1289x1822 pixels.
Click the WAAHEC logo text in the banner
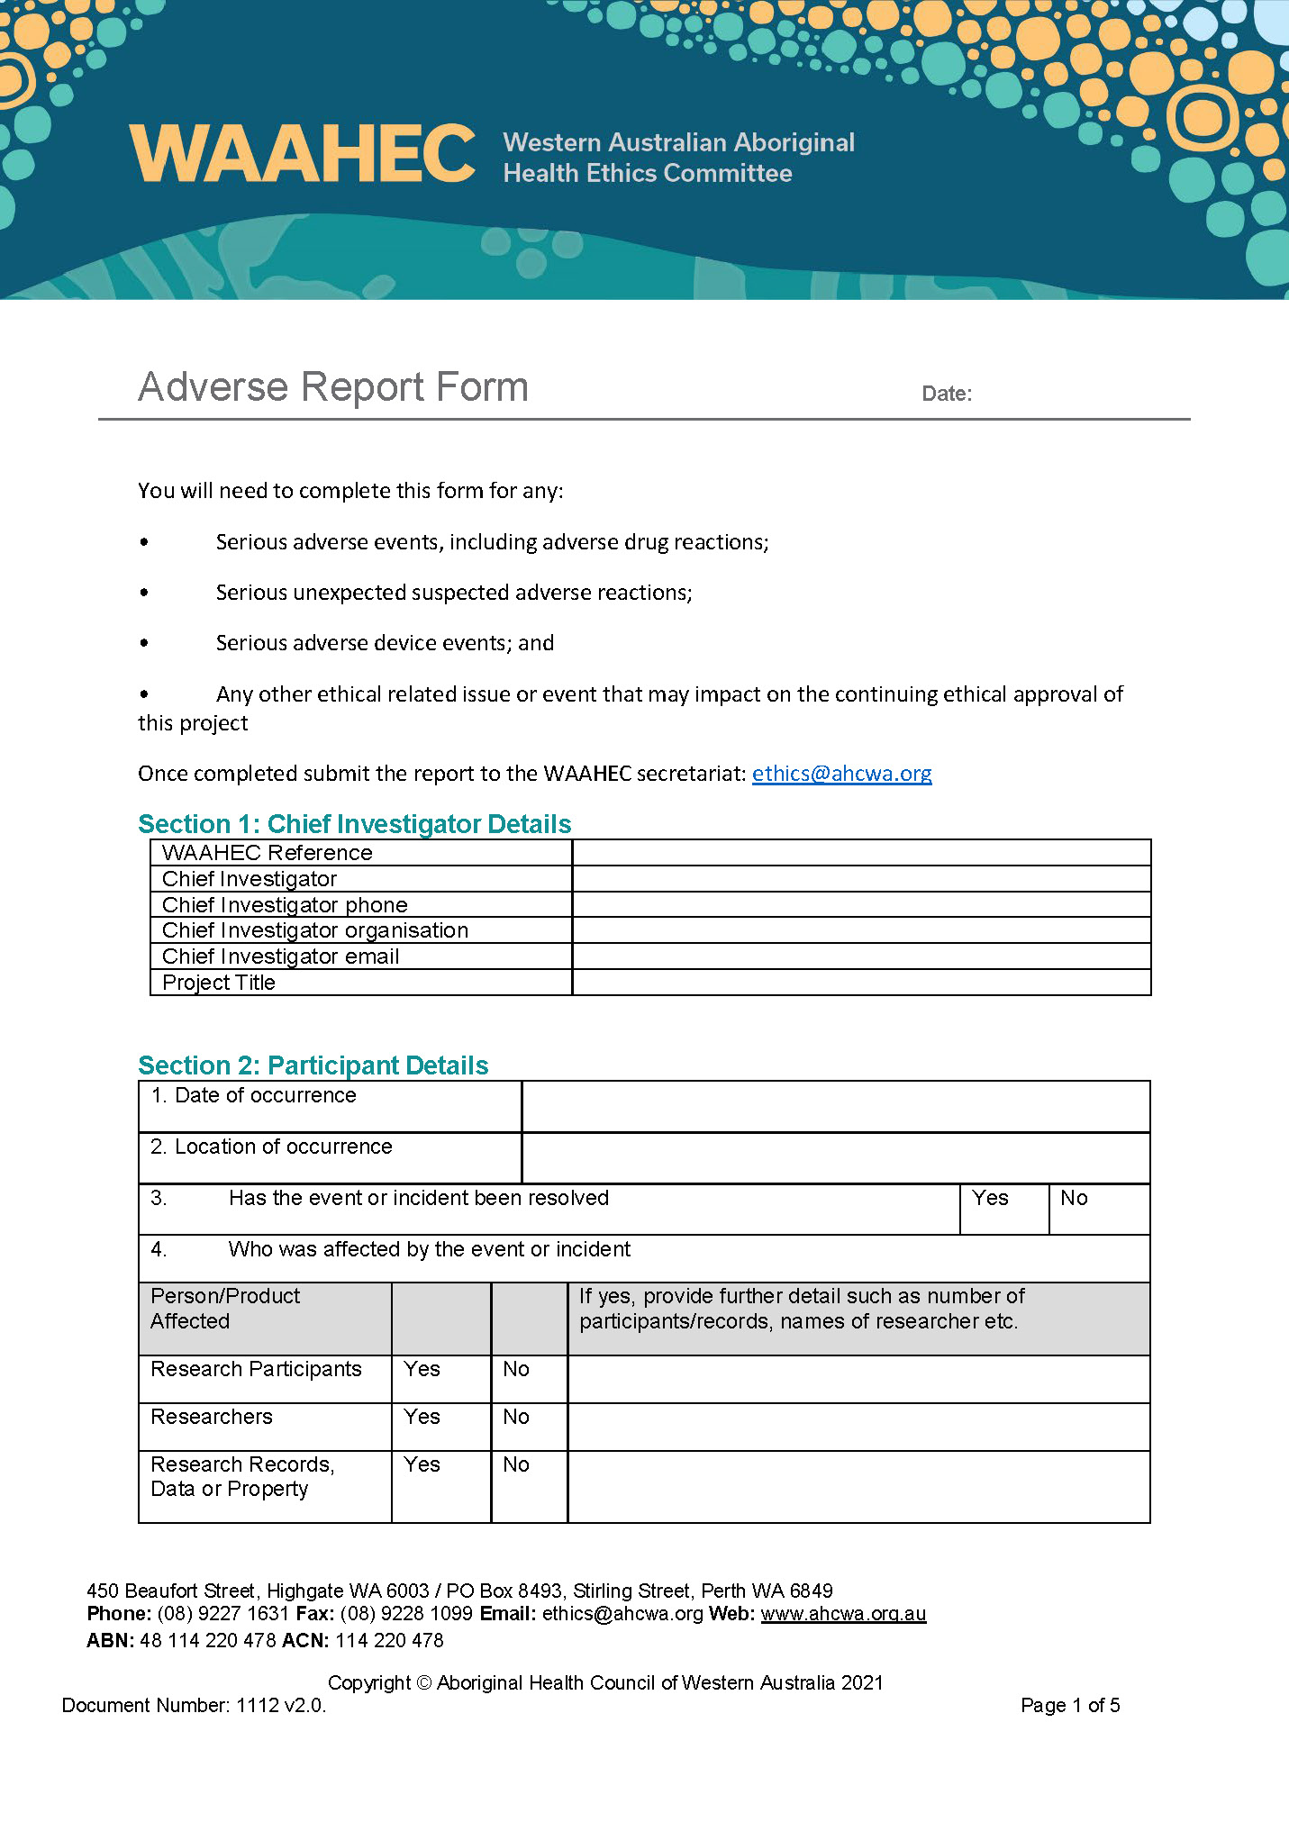pos(302,154)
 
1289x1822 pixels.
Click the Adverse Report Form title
pos(332,387)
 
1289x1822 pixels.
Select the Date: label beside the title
pos(946,394)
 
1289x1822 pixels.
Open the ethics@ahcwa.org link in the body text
pos(841,774)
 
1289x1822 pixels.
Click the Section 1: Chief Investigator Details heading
pos(354,824)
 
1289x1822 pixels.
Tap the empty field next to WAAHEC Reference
pos(860,853)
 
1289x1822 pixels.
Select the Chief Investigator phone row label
pos(285,905)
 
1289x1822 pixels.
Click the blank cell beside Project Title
pos(860,983)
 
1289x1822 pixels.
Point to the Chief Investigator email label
pos(280,956)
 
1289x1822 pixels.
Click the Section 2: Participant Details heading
pos(313,1065)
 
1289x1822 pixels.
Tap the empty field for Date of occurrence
pos(835,1106)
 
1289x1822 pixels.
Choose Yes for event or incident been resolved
pos(990,1199)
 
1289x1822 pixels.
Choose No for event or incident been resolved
pos(1074,1199)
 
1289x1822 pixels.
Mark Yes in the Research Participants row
pos(422,1369)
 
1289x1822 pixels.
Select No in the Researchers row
pos(516,1417)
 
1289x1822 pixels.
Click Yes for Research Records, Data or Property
pos(422,1464)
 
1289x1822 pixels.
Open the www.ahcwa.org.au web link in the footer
pos(843,1614)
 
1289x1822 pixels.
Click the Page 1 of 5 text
pos(1069,1705)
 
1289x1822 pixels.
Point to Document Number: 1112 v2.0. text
pos(194,1705)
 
